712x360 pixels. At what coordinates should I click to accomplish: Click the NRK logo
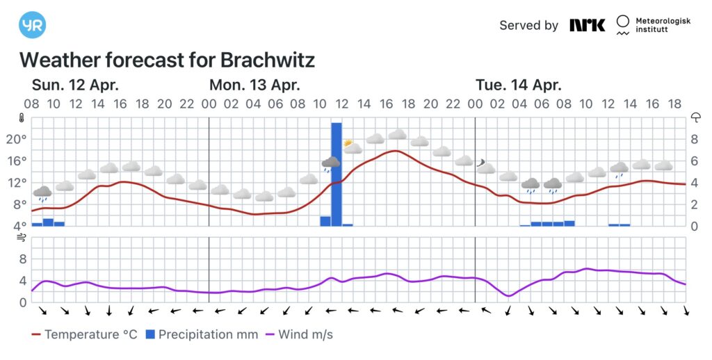(588, 25)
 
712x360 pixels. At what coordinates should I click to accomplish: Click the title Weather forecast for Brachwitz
(167, 60)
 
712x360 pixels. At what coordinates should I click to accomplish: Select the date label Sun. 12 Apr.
(75, 85)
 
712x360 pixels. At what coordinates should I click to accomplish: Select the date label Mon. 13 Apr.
(254, 85)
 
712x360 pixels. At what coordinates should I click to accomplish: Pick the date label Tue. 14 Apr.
(518, 85)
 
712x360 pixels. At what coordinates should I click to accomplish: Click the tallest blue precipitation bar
(337, 174)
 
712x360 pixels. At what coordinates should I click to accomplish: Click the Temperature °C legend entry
(84, 335)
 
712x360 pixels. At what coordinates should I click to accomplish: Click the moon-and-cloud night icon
(483, 165)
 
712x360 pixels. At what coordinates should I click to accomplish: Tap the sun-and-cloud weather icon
(352, 146)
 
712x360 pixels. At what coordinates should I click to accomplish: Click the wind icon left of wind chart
(20, 238)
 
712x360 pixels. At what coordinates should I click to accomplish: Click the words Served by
(528, 26)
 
